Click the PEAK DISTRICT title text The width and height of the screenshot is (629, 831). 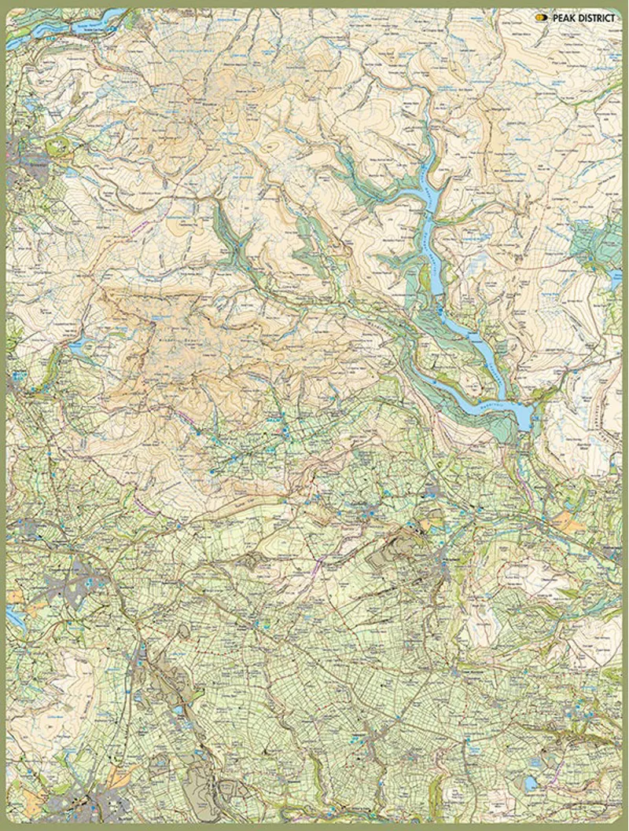[585, 16]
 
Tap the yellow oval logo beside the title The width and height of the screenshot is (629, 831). [541, 16]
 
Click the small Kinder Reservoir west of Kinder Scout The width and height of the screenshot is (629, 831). [76, 346]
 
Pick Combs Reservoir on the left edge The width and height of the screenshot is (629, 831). [14, 617]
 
